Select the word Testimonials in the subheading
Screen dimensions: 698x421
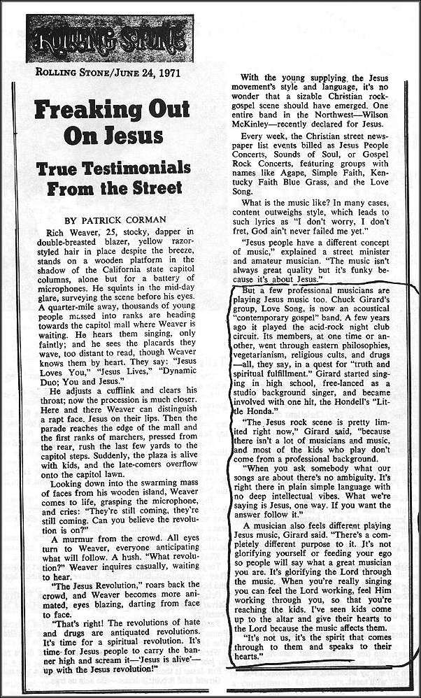click(149, 170)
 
